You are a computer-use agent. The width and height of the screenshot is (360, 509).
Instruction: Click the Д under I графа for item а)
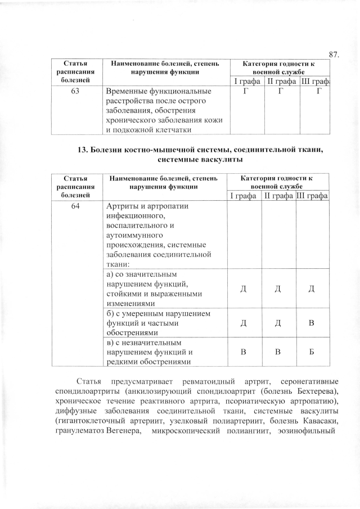point(244,289)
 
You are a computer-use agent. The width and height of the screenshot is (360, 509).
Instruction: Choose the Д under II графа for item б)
point(278,324)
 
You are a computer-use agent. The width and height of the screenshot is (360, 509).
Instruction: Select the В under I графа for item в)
point(244,352)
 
